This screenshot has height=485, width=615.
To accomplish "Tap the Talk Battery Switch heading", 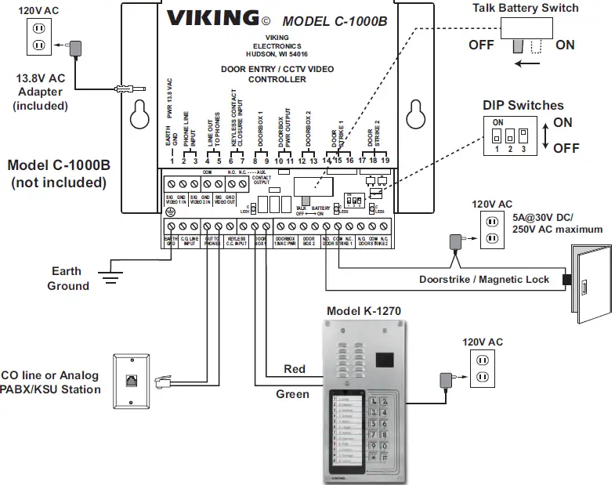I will click(536, 8).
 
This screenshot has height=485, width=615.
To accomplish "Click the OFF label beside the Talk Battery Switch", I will click(481, 45).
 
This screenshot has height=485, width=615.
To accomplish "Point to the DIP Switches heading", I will click(523, 105).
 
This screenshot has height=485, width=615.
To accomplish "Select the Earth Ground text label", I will click(67, 278).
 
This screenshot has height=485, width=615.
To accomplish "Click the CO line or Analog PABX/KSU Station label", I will click(50, 382).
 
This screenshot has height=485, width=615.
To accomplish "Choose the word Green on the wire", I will click(292, 394).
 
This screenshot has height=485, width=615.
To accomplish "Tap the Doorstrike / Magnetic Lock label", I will click(483, 279).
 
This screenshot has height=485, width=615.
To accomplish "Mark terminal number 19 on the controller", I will click(385, 161).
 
